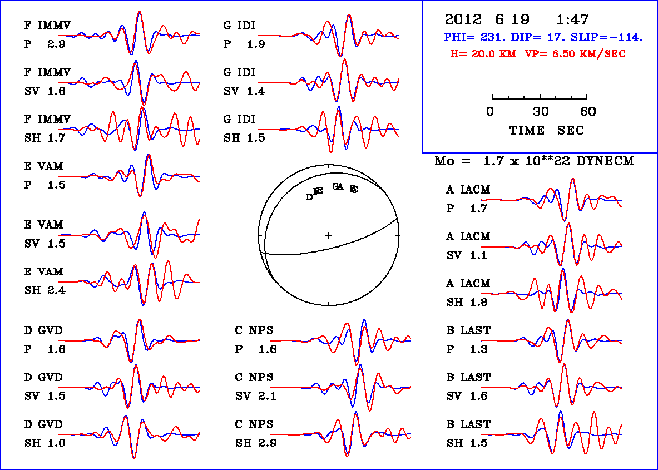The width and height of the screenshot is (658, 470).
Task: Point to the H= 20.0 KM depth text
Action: coord(483,54)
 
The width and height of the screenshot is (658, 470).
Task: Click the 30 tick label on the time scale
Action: coord(541,112)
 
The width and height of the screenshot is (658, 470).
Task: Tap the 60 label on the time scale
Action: coord(588,112)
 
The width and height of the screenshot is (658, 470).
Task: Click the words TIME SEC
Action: coord(547,130)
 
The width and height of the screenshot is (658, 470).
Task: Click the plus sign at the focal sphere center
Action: coord(329,235)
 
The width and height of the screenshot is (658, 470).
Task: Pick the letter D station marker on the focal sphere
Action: coord(309,197)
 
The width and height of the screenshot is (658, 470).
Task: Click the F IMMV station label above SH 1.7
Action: coord(47,119)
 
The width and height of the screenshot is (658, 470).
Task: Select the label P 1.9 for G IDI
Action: coord(244,44)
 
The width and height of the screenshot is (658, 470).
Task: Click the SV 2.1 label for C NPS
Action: coord(256,396)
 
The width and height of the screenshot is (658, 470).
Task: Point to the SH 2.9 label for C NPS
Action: coord(256,443)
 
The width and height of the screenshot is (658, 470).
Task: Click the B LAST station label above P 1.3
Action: coord(468,330)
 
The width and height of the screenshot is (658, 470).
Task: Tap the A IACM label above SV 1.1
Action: coord(468,236)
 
